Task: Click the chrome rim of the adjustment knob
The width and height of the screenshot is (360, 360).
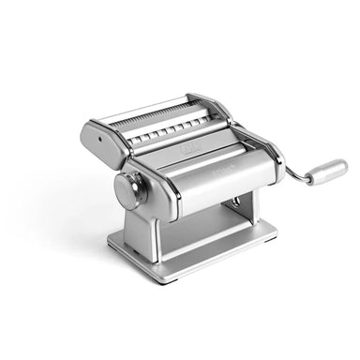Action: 119,193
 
